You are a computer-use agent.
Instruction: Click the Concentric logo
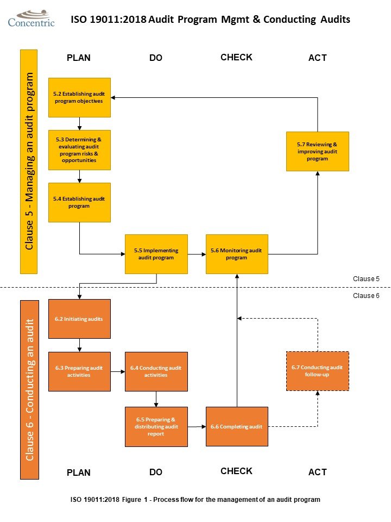pos(31,18)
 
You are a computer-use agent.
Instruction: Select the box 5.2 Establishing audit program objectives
pos(79,97)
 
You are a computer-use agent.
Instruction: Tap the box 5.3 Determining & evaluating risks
pos(79,150)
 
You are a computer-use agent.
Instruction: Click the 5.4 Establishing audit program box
pos(79,202)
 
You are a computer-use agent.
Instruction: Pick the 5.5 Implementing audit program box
pos(156,254)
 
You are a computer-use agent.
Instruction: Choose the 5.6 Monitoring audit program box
pos(237,254)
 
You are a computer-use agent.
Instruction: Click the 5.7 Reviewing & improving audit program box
pos(318,151)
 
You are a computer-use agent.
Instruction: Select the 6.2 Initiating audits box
pos(79,319)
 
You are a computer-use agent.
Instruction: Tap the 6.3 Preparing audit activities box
pos(79,371)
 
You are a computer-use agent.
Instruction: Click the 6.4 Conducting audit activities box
pos(156,371)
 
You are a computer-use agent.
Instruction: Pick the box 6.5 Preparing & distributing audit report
pos(156,427)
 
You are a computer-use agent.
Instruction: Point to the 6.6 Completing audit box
pos(237,427)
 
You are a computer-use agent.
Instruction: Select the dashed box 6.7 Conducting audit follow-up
pos(318,371)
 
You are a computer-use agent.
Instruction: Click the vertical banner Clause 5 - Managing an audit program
pos(29,161)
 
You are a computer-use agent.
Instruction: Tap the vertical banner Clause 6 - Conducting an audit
pos(29,389)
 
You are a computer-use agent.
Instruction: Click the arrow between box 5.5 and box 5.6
pos(197,254)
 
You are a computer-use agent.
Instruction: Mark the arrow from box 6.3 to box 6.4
pos(118,371)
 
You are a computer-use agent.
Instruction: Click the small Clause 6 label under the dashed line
pos(366,296)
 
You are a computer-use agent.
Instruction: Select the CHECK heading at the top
pos(236,57)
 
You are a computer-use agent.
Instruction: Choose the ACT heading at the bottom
pos(317,472)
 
